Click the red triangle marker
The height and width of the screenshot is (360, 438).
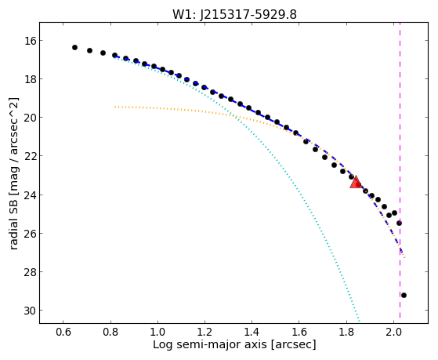click(x=356, y=183)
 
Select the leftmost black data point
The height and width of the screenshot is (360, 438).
click(x=74, y=48)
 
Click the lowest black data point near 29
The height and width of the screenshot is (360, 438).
click(x=404, y=296)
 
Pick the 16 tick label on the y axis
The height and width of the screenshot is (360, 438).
click(x=30, y=41)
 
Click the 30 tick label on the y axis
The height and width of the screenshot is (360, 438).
click(x=30, y=311)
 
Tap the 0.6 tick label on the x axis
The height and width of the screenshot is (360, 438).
click(x=63, y=332)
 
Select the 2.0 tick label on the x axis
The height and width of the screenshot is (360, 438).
click(x=393, y=332)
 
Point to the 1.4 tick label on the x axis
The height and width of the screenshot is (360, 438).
click(x=252, y=332)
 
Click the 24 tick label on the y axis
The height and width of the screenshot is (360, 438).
click(x=30, y=195)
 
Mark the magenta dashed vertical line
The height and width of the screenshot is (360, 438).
click(x=400, y=170)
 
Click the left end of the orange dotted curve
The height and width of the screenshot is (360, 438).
click(x=115, y=107)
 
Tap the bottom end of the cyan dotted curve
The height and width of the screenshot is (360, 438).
click(x=359, y=321)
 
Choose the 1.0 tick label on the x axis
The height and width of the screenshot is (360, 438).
click(x=157, y=332)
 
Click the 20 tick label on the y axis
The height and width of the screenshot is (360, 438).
click(x=30, y=118)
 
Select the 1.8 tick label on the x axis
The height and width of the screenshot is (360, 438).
click(x=346, y=332)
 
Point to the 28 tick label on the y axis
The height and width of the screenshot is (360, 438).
click(x=30, y=272)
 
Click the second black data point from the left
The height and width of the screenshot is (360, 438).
click(x=89, y=51)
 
